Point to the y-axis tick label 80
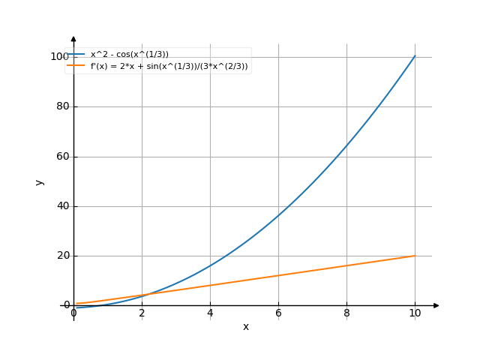pos(62,106)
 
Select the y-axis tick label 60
pos(62,157)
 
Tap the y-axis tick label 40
pos(62,206)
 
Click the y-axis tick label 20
pos(62,256)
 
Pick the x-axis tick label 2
pos(142,313)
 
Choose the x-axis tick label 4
pos(210,313)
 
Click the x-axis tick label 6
pos(278,313)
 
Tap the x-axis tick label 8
pos(346,313)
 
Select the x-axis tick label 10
pos(415,313)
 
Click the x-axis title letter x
pos(245,327)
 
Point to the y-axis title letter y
pos(40,181)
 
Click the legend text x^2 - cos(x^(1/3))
pos(130,54)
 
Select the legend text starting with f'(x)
pos(169,66)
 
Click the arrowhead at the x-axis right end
pos(436,305)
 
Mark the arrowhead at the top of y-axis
pos(73,37)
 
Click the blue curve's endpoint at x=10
pos(415,56)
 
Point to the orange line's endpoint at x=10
pos(415,256)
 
